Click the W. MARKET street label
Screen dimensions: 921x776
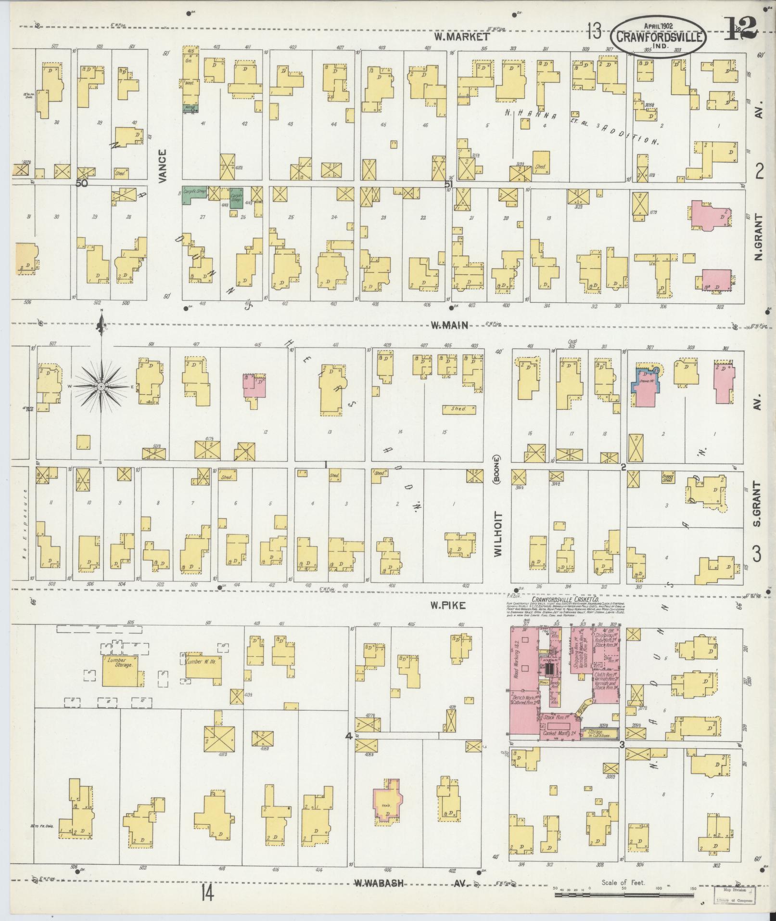(461, 36)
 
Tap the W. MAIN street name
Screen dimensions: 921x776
(449, 326)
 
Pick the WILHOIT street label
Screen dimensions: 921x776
(497, 534)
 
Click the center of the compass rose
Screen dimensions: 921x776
(102, 387)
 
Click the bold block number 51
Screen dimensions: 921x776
(449, 184)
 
